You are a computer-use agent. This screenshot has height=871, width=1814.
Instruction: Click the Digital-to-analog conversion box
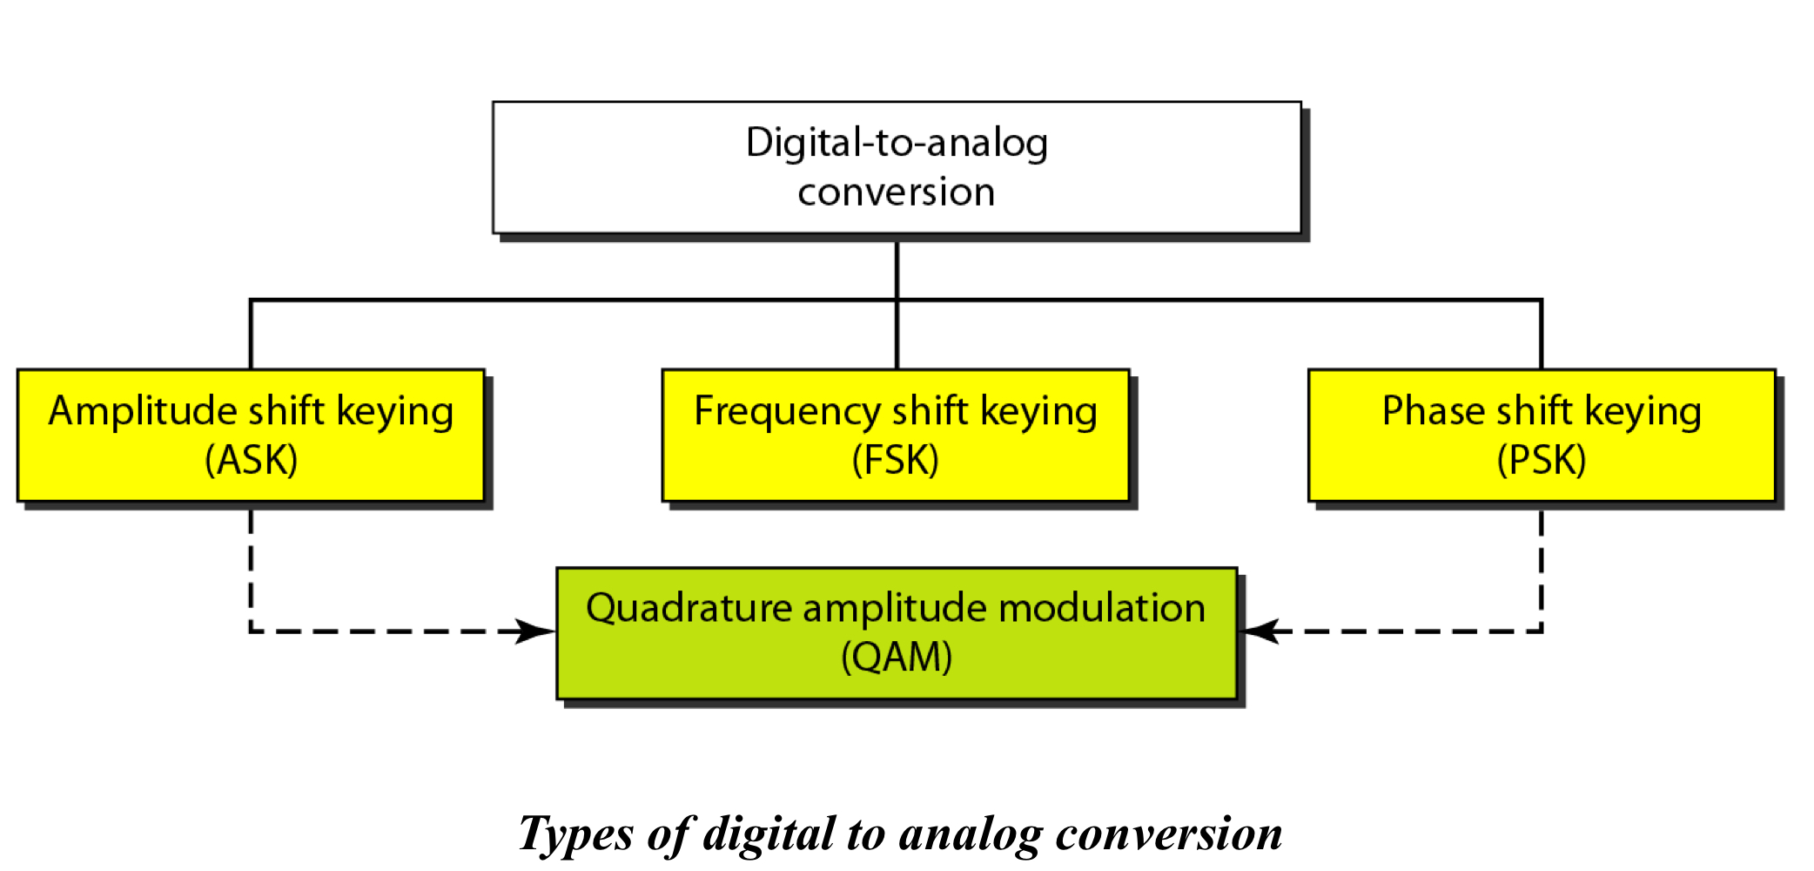897,167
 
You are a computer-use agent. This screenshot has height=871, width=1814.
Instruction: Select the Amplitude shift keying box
251,435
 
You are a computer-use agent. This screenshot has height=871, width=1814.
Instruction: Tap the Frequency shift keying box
896,435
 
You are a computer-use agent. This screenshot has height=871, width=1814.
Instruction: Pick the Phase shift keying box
1542,435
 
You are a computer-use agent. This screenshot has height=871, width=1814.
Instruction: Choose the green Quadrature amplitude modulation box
897,632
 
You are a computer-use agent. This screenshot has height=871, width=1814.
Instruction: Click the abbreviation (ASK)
251,460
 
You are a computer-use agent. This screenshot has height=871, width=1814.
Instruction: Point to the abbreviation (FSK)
896,460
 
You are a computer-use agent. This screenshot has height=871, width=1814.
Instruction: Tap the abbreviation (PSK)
1542,460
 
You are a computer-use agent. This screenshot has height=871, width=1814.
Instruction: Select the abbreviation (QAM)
897,657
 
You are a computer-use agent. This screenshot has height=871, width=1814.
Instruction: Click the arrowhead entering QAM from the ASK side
535,631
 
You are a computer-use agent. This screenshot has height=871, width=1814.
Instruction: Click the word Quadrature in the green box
688,608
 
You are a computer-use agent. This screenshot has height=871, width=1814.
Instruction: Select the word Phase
1433,411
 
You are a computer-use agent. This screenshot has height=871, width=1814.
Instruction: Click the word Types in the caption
575,834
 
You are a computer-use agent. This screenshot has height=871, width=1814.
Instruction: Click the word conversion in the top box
897,192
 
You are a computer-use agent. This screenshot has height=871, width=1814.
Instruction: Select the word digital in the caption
769,834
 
